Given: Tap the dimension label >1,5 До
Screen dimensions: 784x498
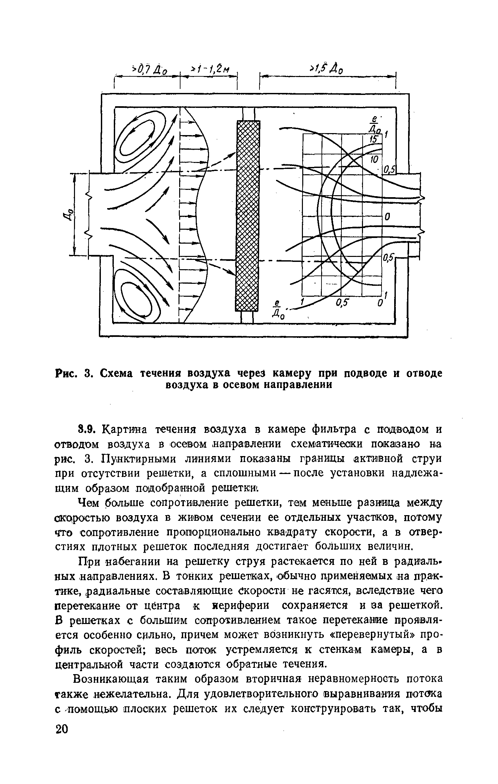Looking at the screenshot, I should coord(326,69).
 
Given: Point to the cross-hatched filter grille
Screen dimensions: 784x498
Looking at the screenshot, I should coord(248,216).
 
